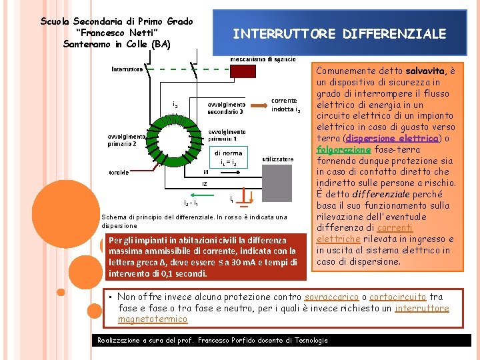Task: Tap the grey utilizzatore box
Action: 279,181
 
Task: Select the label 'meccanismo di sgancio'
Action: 263,60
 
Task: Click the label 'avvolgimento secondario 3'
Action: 226,108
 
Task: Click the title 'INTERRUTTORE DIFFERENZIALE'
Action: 339,34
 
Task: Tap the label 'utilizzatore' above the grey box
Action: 278,159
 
